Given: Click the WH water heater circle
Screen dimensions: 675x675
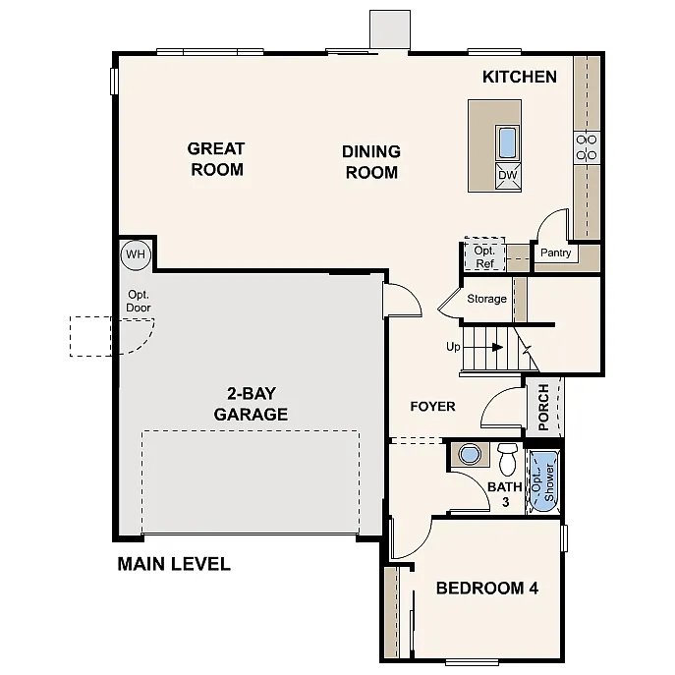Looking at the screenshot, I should click(135, 254).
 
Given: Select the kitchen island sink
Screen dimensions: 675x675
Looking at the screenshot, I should click(508, 143).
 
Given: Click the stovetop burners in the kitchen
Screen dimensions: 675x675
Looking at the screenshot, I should click(587, 147).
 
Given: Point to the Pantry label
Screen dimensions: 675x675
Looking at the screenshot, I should click(555, 253).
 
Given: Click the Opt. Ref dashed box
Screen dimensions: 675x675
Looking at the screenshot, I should click(483, 256).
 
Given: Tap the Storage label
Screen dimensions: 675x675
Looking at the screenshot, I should click(486, 299).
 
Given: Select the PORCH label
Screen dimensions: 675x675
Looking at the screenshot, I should click(543, 408).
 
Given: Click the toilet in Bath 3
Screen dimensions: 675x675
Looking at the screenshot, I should click(507, 459).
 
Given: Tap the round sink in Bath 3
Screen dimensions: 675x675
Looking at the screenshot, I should click(471, 455).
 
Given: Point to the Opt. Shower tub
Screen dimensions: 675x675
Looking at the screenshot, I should click(542, 479).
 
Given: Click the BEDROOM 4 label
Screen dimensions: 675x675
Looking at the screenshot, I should click(486, 589).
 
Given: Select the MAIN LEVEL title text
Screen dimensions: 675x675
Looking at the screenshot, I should click(174, 564).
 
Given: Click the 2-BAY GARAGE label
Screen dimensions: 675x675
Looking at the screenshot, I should click(251, 404).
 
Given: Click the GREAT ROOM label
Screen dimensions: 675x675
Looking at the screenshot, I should click(216, 159).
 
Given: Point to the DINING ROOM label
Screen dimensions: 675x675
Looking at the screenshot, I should click(370, 162).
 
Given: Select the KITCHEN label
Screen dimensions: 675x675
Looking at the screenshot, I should click(520, 77).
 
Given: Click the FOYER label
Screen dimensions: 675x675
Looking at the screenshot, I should click(432, 406).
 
